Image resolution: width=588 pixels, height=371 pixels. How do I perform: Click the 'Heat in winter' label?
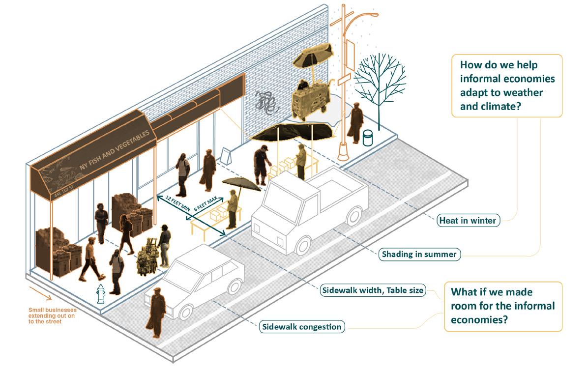click(x=469, y=221)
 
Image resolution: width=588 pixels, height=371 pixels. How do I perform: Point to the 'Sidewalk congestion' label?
click(x=301, y=326)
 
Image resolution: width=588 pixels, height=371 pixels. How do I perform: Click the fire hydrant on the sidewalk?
click(x=101, y=294)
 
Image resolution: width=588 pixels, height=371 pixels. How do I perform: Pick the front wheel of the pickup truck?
click(x=303, y=245)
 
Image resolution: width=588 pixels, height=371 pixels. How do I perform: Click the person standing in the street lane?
click(x=155, y=314)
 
